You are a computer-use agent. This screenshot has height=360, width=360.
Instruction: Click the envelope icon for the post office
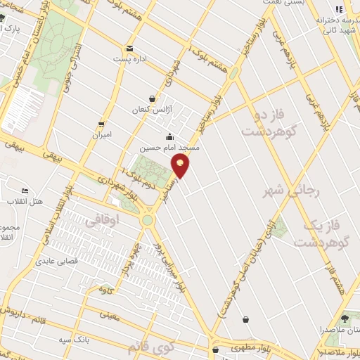pos(129,49)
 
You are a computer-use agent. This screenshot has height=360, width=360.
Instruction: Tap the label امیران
pos(102,134)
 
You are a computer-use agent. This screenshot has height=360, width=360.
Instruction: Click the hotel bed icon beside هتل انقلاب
pos(25,191)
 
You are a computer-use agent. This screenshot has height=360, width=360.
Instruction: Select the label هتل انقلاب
pos(25,201)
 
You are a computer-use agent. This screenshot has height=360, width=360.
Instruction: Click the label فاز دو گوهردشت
pos(271,121)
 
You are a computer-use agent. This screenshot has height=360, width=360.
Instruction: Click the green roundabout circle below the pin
pos(147,220)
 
